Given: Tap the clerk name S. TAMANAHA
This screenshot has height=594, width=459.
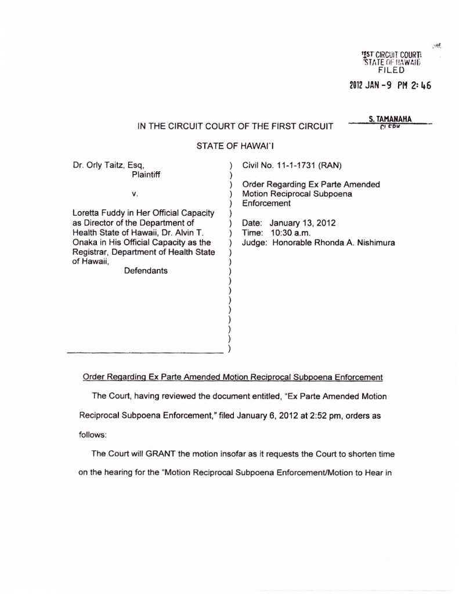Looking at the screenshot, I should coord(390,119).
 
